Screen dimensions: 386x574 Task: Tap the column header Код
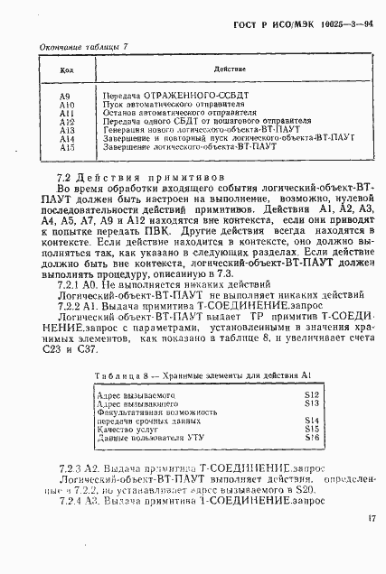coord(65,69)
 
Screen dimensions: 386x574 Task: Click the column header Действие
coord(224,69)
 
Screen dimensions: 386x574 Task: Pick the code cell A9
coord(64,95)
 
